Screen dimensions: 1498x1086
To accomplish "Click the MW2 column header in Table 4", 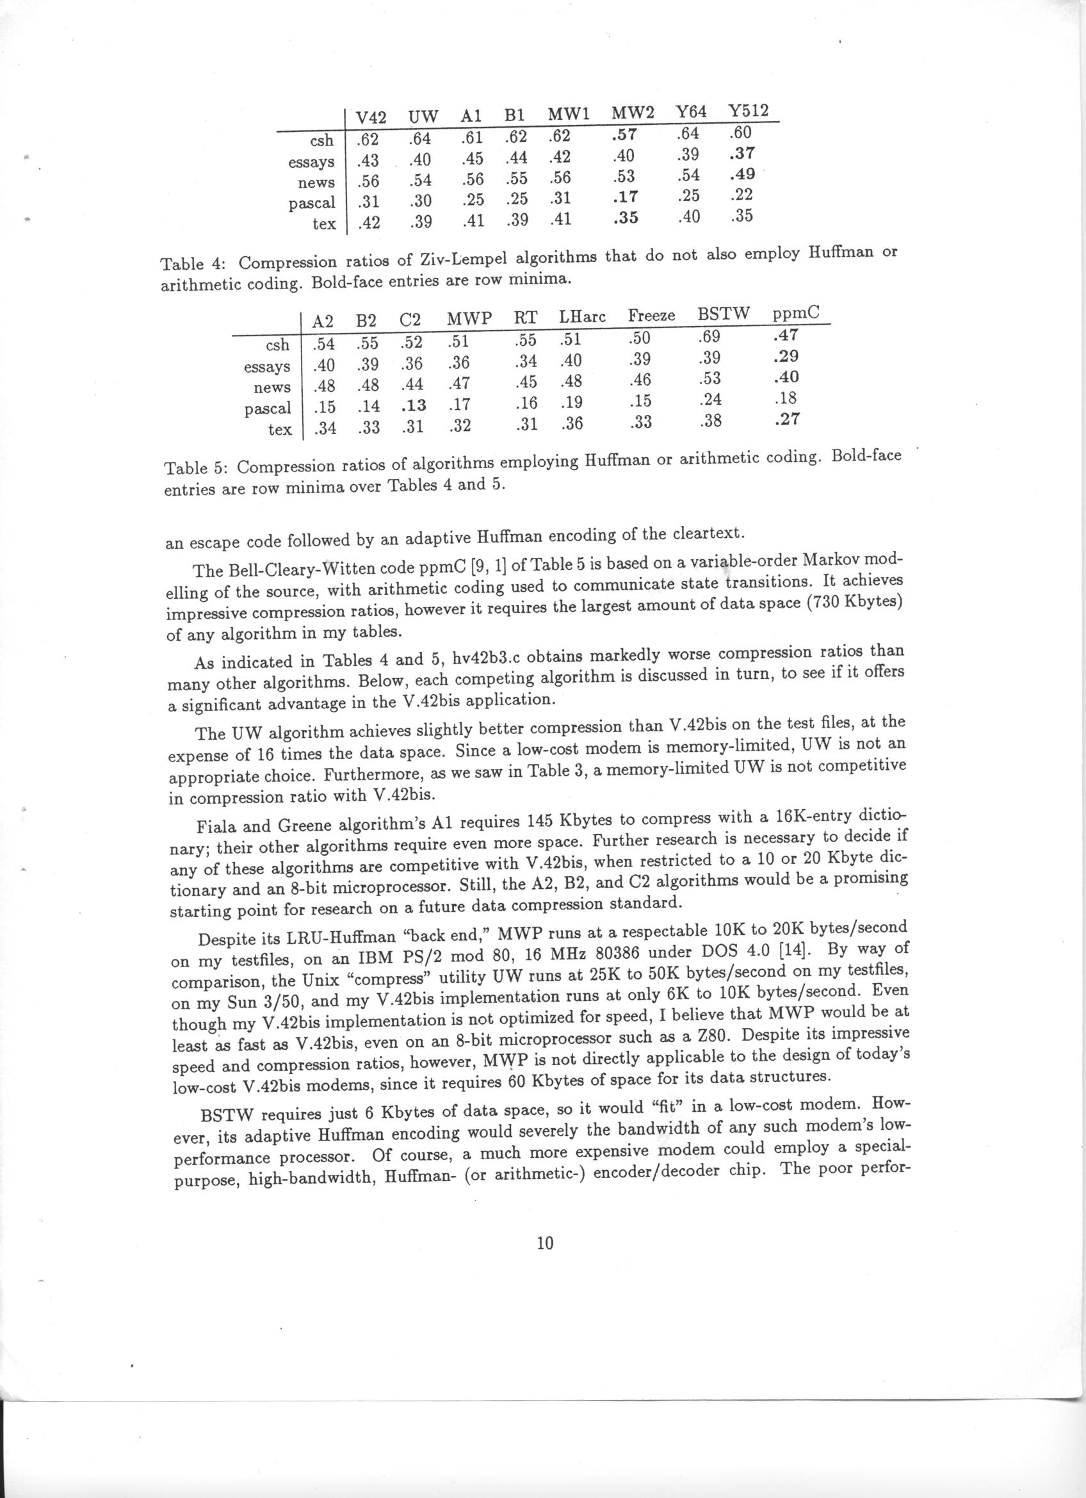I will (633, 113).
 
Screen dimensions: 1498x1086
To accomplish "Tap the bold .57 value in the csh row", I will (624, 135).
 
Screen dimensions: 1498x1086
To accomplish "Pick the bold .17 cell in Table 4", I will (624, 196).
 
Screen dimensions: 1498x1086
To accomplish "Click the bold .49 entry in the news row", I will (742, 174).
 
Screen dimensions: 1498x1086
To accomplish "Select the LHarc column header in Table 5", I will (582, 316).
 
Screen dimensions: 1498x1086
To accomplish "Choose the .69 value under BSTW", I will (708, 337).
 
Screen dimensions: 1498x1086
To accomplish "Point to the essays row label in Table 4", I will (311, 162).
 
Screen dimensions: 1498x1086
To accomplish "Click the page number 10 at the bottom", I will (545, 1243).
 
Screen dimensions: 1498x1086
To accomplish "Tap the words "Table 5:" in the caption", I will (195, 468).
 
